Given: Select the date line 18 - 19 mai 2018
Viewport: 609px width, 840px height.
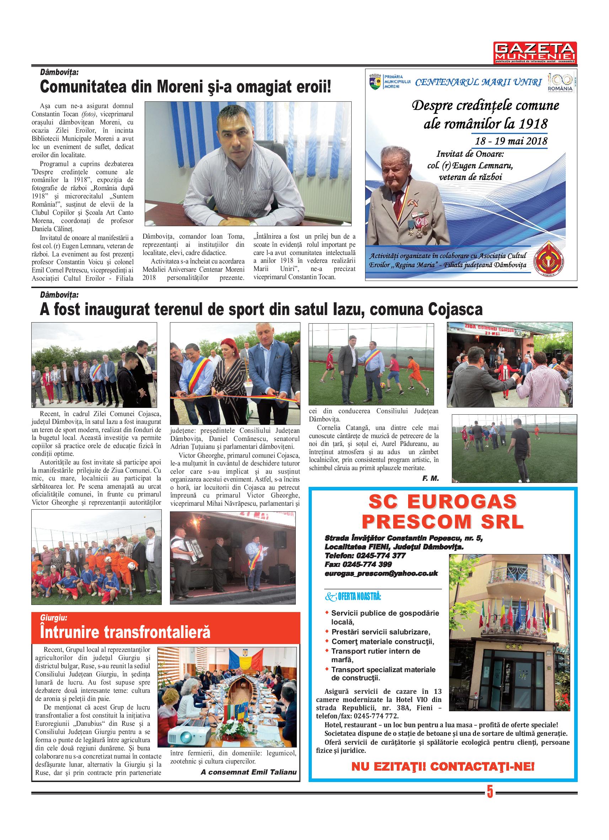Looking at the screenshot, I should pos(511,141).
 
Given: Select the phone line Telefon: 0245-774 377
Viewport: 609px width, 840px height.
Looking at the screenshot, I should pos(365,556).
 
